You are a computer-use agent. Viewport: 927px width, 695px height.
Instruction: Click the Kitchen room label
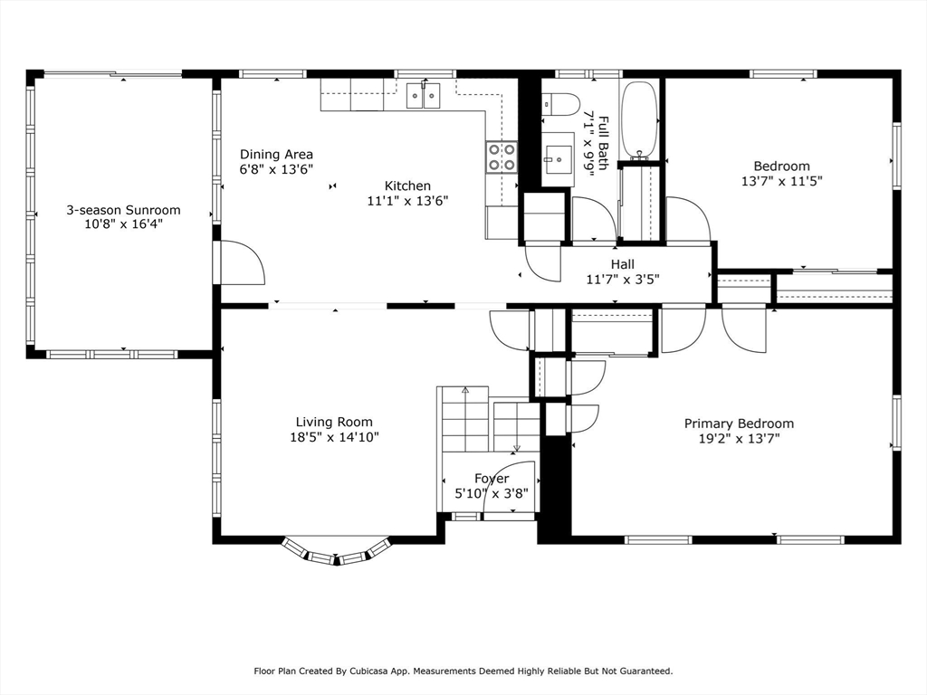coord(407,186)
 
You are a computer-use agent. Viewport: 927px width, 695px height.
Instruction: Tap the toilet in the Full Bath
coord(560,105)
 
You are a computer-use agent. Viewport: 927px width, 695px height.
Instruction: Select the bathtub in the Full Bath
coord(640,120)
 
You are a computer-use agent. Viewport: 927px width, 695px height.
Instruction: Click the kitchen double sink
coord(424,96)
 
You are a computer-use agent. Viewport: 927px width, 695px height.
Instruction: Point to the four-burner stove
coord(502,157)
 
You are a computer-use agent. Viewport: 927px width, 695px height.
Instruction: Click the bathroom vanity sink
coord(558,159)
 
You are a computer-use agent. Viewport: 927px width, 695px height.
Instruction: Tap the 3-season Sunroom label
coord(123,210)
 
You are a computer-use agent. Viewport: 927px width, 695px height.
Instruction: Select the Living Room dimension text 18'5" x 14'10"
coord(334,437)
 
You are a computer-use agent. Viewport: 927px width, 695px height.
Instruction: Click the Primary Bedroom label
coord(739,424)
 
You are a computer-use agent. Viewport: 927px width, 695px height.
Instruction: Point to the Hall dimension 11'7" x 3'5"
coord(623,279)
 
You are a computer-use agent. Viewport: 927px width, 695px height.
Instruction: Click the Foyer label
coord(492,478)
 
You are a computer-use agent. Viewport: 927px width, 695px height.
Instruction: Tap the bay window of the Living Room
coord(337,552)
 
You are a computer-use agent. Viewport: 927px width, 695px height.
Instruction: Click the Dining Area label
coord(276,154)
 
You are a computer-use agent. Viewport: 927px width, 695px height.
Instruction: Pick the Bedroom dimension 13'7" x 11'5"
coord(781,181)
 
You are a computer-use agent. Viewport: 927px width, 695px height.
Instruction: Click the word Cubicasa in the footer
coord(368,671)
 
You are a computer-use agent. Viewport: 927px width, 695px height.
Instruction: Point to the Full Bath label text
coord(603,143)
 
